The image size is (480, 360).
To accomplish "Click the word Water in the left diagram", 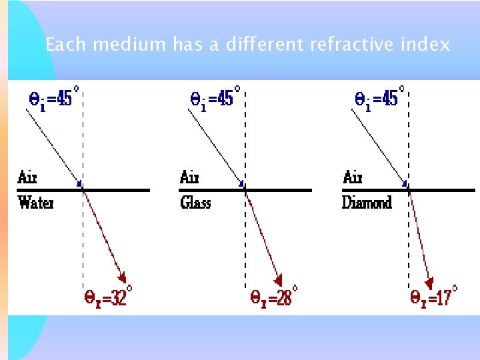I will coord(35,202).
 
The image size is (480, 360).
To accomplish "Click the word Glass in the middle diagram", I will coord(195,202).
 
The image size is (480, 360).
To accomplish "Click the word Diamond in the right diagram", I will coord(367,202).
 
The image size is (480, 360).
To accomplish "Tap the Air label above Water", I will coord(27,177).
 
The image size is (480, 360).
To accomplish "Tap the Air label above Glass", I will coord(190,177).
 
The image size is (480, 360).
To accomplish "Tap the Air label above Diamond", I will coord(353,177).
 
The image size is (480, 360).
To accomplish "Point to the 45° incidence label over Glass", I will coord(215,99).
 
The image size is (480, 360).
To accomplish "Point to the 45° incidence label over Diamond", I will coord(377,99).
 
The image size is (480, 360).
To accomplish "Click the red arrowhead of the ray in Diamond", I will coord(430,283).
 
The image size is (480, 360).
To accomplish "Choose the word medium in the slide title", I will coord(129,45).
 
